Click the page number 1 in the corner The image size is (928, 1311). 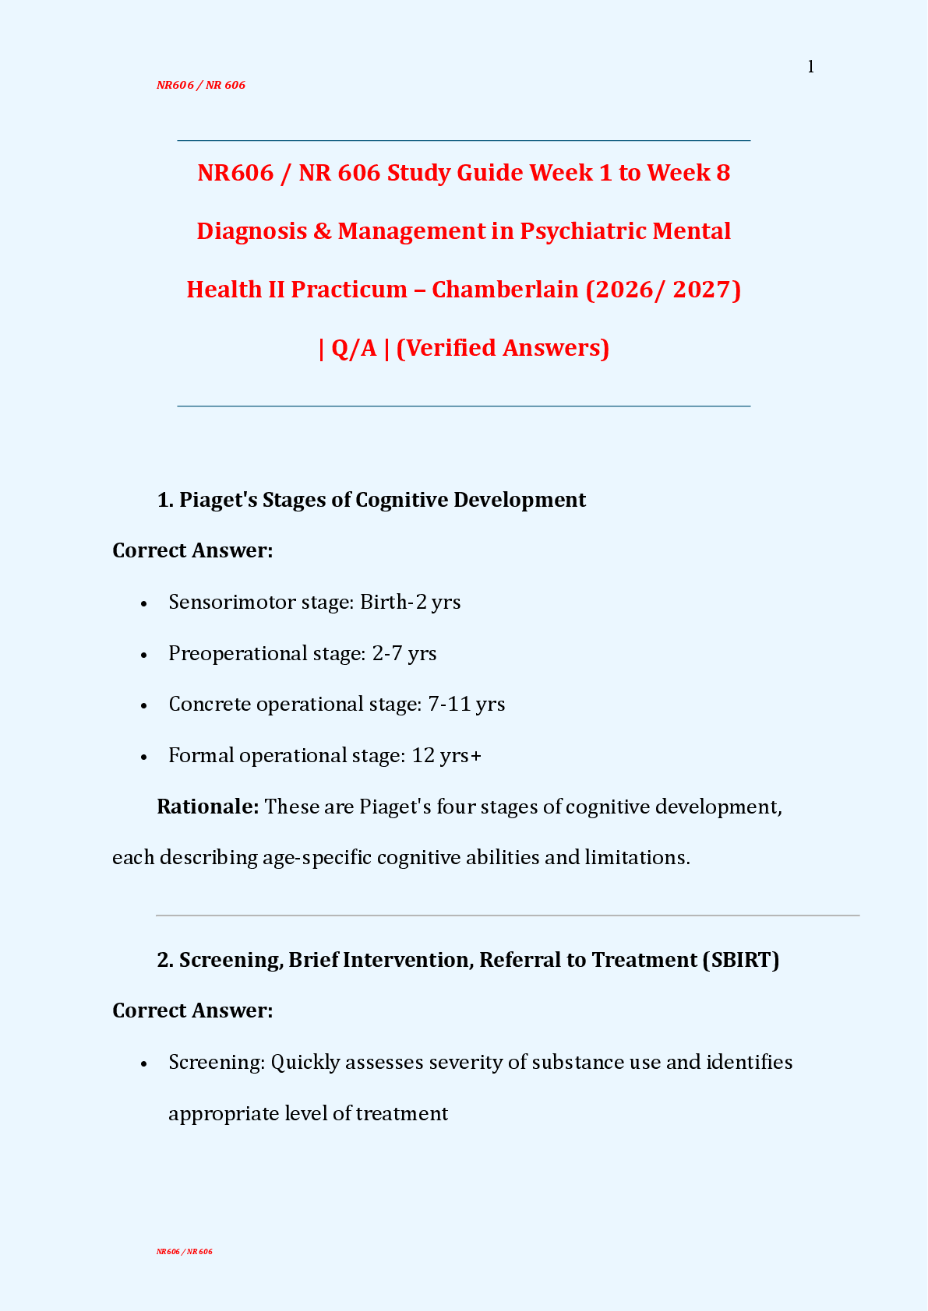tap(810, 67)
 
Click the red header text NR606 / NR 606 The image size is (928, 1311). tap(201, 85)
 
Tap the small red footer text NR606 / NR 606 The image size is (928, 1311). tap(184, 1252)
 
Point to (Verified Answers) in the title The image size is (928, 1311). tap(503, 348)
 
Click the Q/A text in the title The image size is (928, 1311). tap(354, 348)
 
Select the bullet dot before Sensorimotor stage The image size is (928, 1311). tap(144, 604)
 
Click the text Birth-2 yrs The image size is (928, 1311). tap(410, 603)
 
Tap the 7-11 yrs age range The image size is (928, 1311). tap(466, 705)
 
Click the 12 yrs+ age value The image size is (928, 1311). tap(446, 756)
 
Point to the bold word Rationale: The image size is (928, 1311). tap(208, 807)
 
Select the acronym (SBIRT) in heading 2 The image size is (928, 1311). tap(740, 960)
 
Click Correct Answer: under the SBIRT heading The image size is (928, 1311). tap(192, 1010)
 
